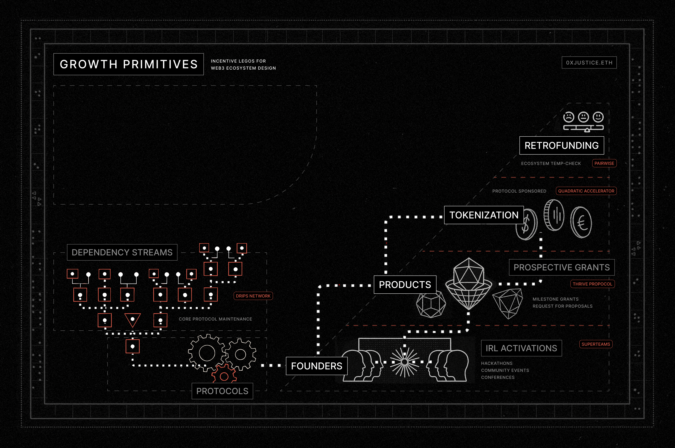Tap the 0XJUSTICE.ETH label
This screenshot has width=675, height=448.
589,63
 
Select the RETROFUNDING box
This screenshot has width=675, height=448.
561,146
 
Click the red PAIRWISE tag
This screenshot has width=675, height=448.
604,163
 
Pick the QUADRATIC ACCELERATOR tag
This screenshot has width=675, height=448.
586,191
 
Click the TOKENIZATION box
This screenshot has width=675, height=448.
484,215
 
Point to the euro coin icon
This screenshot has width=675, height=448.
581,223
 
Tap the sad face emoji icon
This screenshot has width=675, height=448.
568,117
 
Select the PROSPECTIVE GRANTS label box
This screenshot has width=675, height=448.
561,267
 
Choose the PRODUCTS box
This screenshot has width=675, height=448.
405,285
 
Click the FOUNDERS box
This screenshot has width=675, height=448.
316,366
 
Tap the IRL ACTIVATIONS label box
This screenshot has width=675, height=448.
521,348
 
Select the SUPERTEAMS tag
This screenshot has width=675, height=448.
596,344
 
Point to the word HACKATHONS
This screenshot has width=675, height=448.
497,363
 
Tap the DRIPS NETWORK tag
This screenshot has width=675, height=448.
253,296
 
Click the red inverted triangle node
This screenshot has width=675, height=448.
133,320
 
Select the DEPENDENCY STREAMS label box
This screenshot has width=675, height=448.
122,253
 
